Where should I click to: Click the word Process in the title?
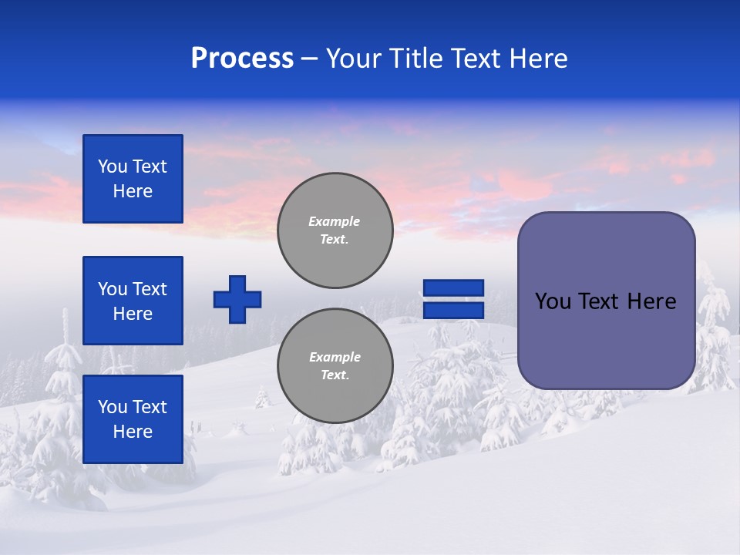pos(242,59)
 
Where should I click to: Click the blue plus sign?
pos(237,299)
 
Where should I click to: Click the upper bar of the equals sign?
pos(454,288)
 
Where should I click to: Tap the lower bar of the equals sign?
pos(454,310)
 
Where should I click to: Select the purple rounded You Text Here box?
pos(606,339)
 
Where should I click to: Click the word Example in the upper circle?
pos(335,221)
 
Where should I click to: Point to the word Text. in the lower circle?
pos(335,375)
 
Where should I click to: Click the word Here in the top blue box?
pos(133,191)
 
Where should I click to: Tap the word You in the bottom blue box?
pos(113,407)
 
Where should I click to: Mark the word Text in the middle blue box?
pos(149,289)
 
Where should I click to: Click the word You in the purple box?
pos(553,301)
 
